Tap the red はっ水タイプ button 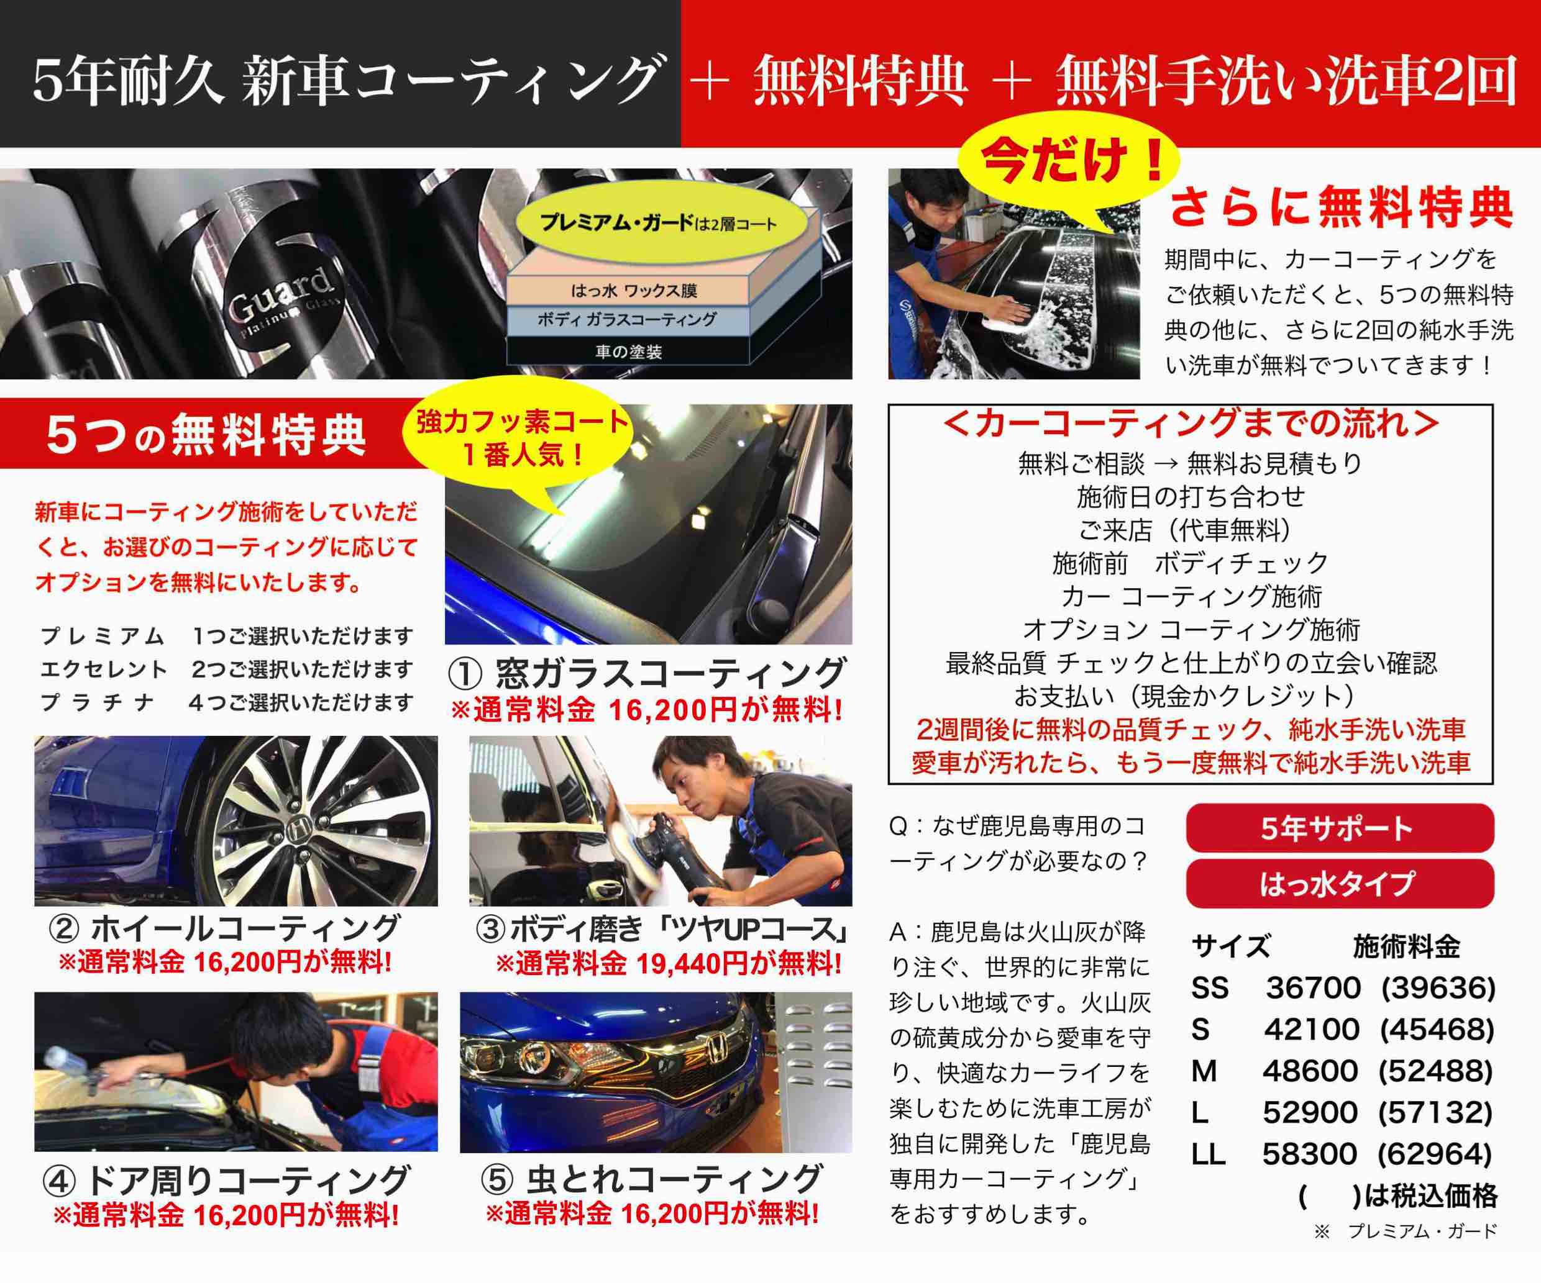pos(1339,884)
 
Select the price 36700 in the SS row pos(1313,988)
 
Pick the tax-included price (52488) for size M pos(1436,1072)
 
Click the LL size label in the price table pos(1208,1154)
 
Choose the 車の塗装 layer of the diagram pos(628,351)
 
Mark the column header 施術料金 pos(1406,947)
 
